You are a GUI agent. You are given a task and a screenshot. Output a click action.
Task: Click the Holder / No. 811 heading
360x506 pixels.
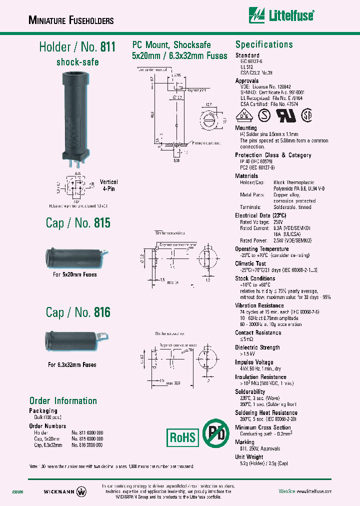click(x=77, y=47)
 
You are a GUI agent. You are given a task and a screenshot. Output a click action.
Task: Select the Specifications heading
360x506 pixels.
click(x=264, y=44)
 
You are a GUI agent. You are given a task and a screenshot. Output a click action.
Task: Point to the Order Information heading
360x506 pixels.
click(x=63, y=401)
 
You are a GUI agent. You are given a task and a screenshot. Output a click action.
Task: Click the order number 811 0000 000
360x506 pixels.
click(x=87, y=432)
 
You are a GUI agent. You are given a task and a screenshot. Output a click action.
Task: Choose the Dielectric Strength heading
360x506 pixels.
click(x=257, y=347)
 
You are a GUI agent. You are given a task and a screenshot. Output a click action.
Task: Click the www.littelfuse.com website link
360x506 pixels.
click(x=312, y=491)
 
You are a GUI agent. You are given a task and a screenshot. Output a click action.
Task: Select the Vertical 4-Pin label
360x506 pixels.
click(x=109, y=185)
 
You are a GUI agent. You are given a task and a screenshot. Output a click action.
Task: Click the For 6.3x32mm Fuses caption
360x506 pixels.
click(x=72, y=365)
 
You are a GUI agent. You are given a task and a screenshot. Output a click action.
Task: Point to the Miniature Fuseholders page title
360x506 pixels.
click(x=71, y=20)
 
